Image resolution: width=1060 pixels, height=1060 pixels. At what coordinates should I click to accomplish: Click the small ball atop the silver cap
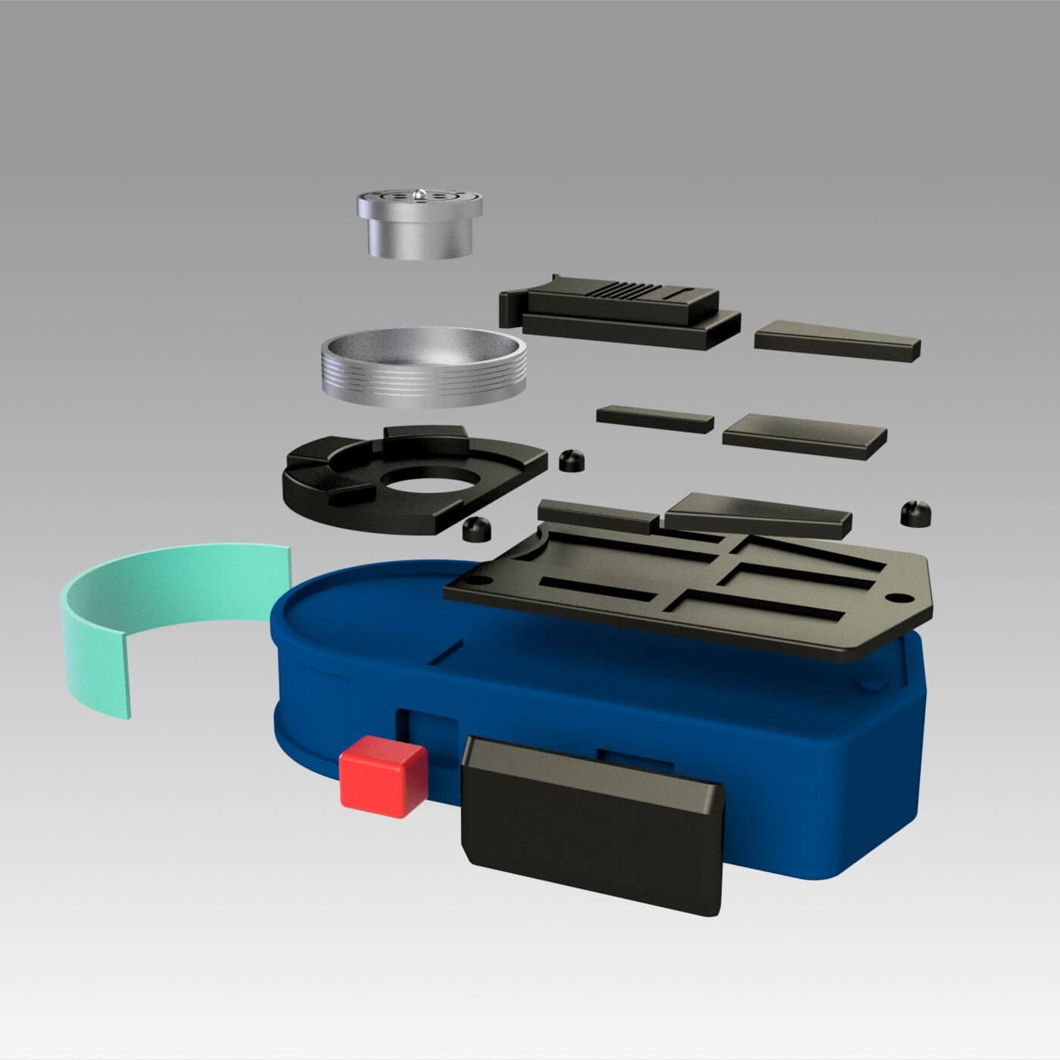[x=419, y=194]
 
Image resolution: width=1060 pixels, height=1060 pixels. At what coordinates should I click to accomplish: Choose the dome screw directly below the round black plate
[x=475, y=529]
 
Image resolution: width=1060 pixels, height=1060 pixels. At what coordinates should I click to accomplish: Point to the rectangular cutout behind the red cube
[x=428, y=727]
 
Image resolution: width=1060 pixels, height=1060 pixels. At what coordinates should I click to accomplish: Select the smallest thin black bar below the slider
[x=655, y=419]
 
